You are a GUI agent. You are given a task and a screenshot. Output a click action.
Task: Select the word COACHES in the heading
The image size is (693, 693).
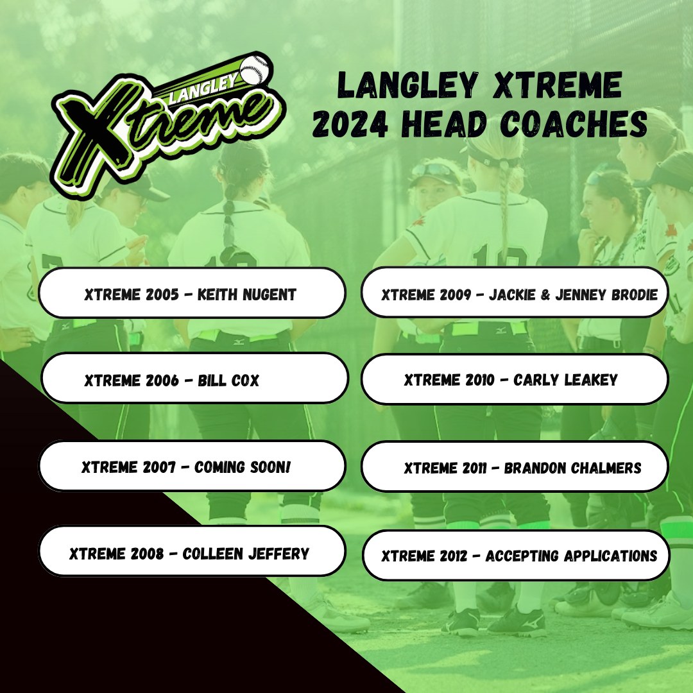pyautogui.click(x=574, y=124)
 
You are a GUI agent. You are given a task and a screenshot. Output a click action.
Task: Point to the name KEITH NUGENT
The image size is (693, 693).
pyautogui.click(x=246, y=295)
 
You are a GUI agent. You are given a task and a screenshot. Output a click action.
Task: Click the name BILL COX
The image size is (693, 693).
pyautogui.click(x=228, y=380)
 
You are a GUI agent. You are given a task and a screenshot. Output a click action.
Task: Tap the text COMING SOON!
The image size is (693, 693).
pyautogui.click(x=242, y=466)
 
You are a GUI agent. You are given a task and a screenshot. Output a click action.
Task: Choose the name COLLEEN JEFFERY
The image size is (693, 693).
pyautogui.click(x=246, y=553)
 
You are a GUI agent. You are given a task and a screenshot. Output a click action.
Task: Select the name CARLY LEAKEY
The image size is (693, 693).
pyautogui.click(x=565, y=380)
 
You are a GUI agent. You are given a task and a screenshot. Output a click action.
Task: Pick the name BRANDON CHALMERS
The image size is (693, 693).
pyautogui.click(x=572, y=468)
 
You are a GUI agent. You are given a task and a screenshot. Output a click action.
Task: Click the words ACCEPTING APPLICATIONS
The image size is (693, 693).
pyautogui.click(x=571, y=556)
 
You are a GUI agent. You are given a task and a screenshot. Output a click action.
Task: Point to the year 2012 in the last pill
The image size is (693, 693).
pyautogui.click(x=452, y=556)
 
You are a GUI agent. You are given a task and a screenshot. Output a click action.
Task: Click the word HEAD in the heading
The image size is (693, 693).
pyautogui.click(x=444, y=124)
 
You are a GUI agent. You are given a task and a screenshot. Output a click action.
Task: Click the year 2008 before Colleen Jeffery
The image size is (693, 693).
pyautogui.click(x=147, y=553)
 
